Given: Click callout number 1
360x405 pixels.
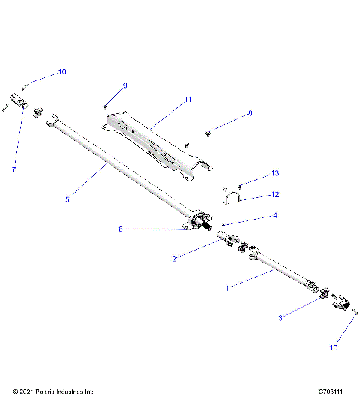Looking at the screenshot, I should click(x=228, y=286).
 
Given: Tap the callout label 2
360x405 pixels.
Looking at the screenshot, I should click(x=174, y=259).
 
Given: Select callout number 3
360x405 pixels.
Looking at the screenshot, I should click(x=281, y=318).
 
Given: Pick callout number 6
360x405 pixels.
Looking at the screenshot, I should click(x=120, y=229).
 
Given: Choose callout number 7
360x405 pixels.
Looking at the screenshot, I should click(x=13, y=170).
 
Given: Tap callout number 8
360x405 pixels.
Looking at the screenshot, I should click(x=250, y=113).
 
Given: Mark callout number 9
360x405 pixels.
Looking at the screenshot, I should click(x=124, y=85).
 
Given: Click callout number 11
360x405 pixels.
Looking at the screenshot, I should click(x=188, y=99).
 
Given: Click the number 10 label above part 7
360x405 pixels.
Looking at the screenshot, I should click(x=62, y=72).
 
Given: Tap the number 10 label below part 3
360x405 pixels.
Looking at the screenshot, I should click(x=334, y=348).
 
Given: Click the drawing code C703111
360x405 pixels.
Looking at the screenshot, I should click(x=331, y=391).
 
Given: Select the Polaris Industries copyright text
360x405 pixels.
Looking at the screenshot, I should click(x=54, y=391).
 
